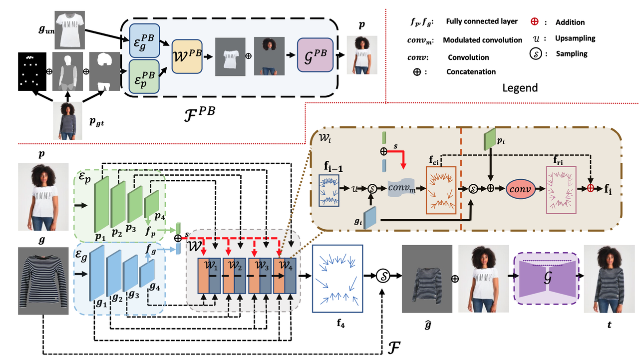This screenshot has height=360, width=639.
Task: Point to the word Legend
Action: point(521,88)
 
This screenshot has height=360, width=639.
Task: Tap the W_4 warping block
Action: point(284,275)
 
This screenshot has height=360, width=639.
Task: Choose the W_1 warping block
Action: point(208,275)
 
